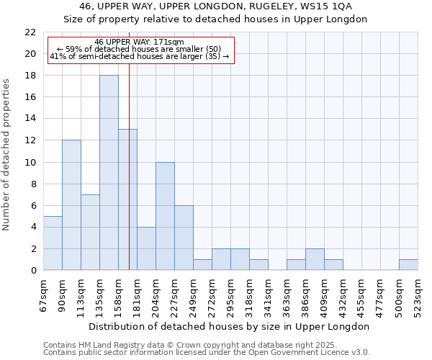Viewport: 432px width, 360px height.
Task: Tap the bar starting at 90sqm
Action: point(71,205)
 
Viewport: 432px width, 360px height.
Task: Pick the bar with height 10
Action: point(165,216)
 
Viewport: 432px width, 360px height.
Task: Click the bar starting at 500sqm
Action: point(408,264)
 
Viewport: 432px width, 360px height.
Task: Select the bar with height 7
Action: point(90,232)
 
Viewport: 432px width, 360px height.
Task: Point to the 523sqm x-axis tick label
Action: point(418,294)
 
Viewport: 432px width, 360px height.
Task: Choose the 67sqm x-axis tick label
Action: point(44,293)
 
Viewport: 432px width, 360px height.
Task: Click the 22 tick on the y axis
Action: point(30,32)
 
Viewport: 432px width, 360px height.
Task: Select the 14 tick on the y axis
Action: point(30,119)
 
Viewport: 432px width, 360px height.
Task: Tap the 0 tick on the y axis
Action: point(32,270)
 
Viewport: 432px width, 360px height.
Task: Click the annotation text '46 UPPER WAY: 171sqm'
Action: point(139,42)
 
